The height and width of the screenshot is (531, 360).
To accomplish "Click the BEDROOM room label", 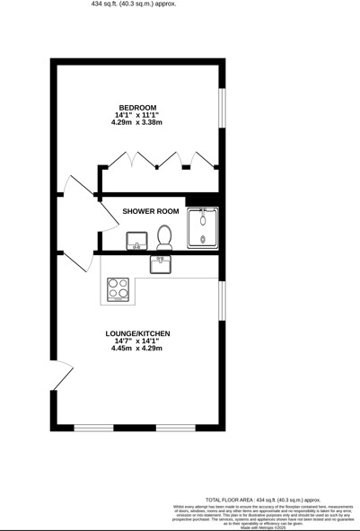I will (x=136, y=105).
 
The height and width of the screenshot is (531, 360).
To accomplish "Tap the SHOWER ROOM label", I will (x=152, y=211).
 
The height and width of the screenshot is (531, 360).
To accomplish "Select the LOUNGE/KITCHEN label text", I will (x=136, y=333).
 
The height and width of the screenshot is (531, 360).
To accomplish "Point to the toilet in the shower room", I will (x=163, y=237).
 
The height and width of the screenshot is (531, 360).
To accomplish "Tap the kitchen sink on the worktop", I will (x=160, y=263).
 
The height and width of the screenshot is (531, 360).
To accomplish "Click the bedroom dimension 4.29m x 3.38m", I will (x=136, y=123).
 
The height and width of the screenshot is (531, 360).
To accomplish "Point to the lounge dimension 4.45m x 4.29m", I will (x=136, y=350).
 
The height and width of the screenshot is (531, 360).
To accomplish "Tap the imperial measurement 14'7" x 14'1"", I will (x=136, y=341).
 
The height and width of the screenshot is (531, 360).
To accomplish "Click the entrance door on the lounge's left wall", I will (x=61, y=376).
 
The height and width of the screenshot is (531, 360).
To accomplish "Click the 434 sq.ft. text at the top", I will (x=134, y=4).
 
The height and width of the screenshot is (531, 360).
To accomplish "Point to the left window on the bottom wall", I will (x=93, y=427).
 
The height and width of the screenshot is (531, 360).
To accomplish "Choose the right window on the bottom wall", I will (x=176, y=427).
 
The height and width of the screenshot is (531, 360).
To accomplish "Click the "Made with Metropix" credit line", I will (x=263, y=527).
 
